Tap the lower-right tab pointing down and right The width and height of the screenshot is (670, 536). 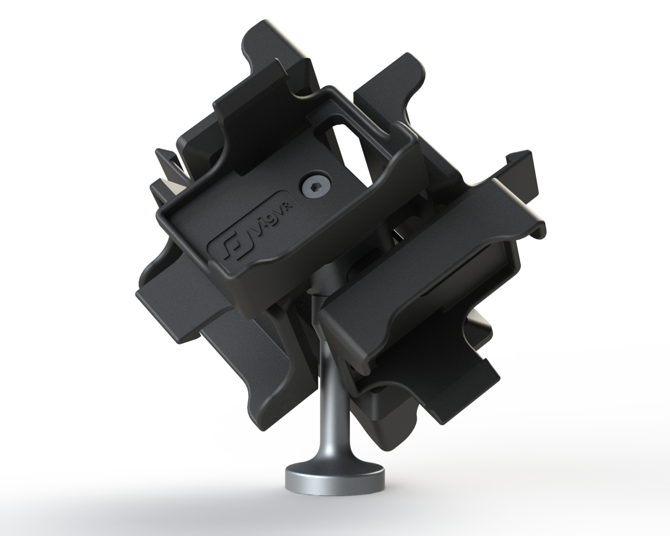click(x=471, y=377)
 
